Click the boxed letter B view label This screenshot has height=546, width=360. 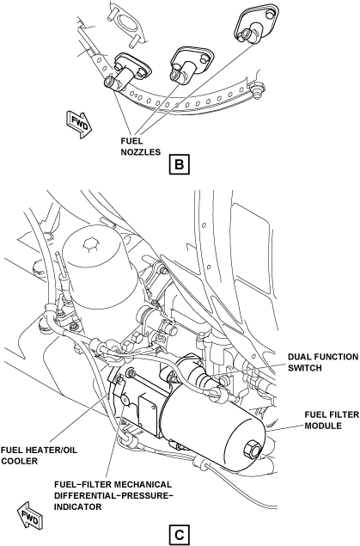pos(180,163)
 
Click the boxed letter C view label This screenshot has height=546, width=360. pos(180,535)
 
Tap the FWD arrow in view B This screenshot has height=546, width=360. pos(80,125)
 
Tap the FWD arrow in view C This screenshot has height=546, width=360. pos(30,515)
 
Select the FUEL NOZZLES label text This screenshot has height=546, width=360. pos(141,146)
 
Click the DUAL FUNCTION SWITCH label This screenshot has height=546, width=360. pos(323,362)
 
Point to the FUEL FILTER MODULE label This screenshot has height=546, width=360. pos(332,420)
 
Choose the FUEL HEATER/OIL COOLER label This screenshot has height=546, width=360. pos(39,456)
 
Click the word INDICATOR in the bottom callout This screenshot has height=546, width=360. pos(77,506)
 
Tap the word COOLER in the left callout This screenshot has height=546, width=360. pos(20,461)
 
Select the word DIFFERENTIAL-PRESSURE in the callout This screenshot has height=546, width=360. pos(113,495)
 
